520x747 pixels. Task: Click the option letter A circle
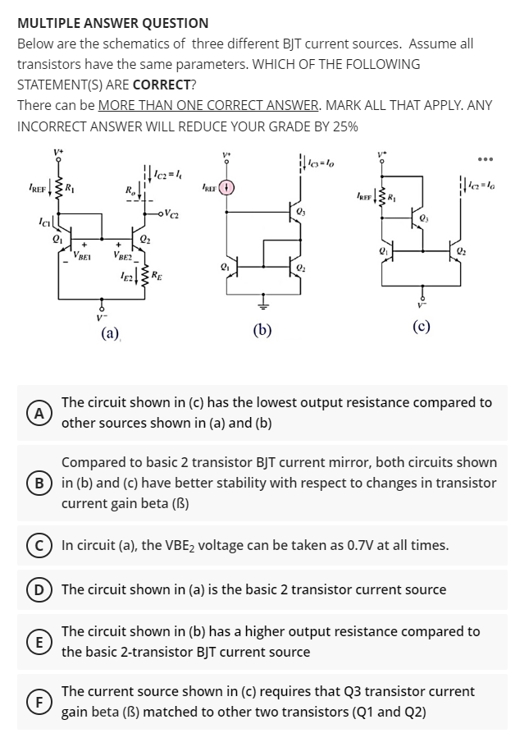tap(36, 412)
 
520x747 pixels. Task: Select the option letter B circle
tap(36, 482)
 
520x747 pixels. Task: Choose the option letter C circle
tap(36, 545)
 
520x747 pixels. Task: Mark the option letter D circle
tap(36, 589)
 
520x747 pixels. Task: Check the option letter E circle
tap(36, 641)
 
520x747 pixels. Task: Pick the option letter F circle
tap(36, 701)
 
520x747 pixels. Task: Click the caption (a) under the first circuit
tap(110, 332)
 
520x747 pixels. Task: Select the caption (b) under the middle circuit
tap(264, 332)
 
